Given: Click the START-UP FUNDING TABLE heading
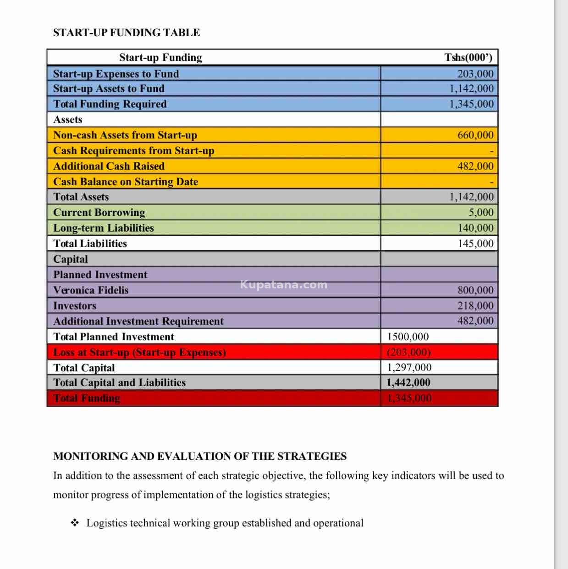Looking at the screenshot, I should point(127,33).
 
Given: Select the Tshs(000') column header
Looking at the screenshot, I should point(468,57).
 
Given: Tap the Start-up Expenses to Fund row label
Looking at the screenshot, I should point(116,74).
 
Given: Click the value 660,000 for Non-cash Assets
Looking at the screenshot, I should point(475,135).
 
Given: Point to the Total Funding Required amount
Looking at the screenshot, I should point(471,104).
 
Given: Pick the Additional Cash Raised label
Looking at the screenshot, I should point(109,166).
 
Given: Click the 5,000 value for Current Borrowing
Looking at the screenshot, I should point(481,212).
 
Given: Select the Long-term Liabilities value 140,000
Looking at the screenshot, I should point(475,228).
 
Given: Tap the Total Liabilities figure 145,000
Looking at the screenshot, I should point(475,243).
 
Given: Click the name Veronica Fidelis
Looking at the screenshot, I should point(91,290).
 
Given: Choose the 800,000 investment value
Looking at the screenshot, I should point(475,290).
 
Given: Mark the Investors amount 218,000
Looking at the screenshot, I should point(475,306).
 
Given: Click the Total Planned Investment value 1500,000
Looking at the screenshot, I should point(408,337).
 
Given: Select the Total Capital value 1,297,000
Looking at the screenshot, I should point(409,368).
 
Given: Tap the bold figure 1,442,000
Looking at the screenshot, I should point(408,383).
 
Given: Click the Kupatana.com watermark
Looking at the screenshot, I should point(284,285).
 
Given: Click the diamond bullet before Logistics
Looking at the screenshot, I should point(75,523).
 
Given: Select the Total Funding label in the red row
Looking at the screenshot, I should point(87,398).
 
